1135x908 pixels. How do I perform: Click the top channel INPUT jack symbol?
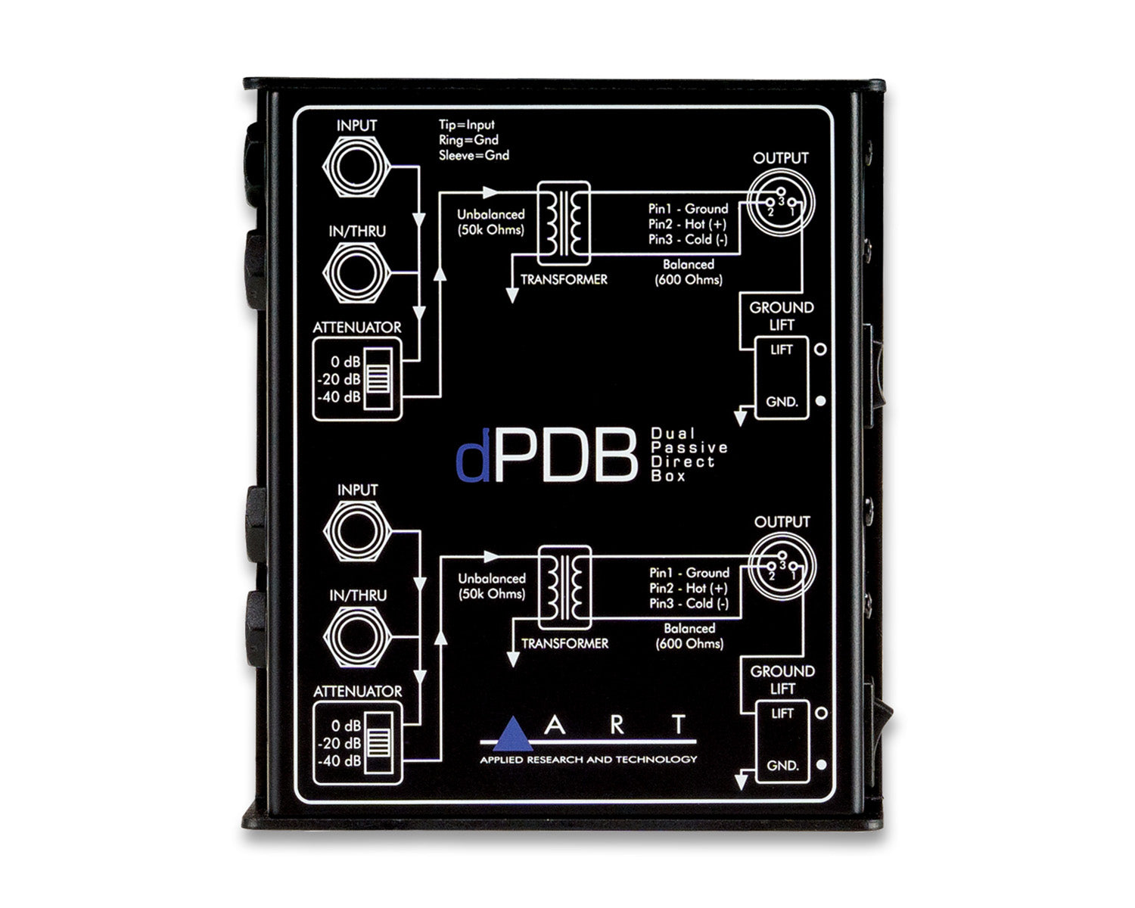[357, 166]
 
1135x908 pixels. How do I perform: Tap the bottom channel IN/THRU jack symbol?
[358, 637]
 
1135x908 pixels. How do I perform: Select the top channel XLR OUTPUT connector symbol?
[781, 202]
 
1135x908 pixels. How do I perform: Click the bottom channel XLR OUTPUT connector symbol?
[782, 567]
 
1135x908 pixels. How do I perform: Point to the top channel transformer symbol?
[563, 223]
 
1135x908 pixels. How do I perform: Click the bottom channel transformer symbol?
[564, 588]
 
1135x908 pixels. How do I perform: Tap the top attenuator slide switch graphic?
[378, 378]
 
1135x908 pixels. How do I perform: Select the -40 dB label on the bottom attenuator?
[340, 760]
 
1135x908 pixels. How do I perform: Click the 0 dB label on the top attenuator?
[346, 362]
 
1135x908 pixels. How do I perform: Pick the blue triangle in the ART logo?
[512, 733]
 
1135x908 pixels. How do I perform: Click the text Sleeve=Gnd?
[474, 155]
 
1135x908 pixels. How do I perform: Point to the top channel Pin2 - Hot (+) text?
[688, 224]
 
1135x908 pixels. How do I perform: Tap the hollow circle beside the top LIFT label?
[821, 350]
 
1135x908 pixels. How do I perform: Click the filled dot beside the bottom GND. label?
[822, 764]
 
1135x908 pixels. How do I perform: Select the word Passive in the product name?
[689, 447]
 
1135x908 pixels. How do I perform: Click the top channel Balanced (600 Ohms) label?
[689, 272]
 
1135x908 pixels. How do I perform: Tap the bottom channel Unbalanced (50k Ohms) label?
[492, 586]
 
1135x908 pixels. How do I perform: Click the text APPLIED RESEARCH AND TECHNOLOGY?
[589, 760]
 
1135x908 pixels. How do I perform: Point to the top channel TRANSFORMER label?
[564, 280]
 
